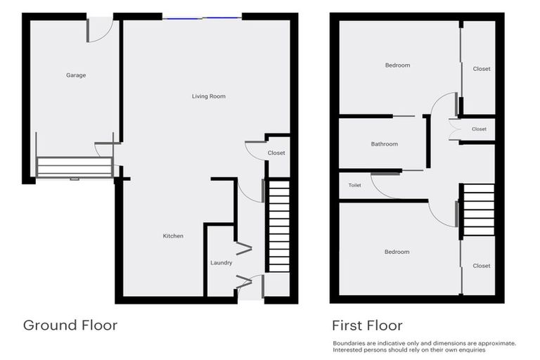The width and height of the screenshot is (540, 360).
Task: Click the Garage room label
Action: coord(76,75)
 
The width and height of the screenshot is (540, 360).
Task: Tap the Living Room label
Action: coord(209,96)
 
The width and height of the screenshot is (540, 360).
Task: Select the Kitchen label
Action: coord(173,236)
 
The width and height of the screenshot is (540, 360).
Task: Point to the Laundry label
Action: coord(221,263)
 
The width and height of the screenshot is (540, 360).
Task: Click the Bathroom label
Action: coord(385,144)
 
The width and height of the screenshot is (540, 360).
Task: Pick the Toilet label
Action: coord(354,185)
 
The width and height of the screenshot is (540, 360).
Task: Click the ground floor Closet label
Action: coord(276,153)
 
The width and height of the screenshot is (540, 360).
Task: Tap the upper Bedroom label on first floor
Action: coord(397,65)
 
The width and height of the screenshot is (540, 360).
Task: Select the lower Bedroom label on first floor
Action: coord(397,252)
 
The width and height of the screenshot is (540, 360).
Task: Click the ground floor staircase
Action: coord(279,225)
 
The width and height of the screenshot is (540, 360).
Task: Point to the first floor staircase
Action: coord(479,210)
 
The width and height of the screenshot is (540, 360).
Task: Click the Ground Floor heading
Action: coord(70,326)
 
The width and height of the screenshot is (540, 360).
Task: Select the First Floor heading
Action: coord(367,326)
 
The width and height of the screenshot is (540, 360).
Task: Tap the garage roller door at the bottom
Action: coord(74,167)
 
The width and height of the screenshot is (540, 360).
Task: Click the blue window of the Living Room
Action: coord(202,17)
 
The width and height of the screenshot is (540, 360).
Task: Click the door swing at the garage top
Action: coord(101,30)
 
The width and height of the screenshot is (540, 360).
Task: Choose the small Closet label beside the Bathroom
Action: coord(479,129)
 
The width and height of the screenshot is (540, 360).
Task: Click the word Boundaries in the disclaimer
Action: coord(349,343)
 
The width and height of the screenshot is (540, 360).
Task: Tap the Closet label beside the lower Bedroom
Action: coord(482,266)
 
